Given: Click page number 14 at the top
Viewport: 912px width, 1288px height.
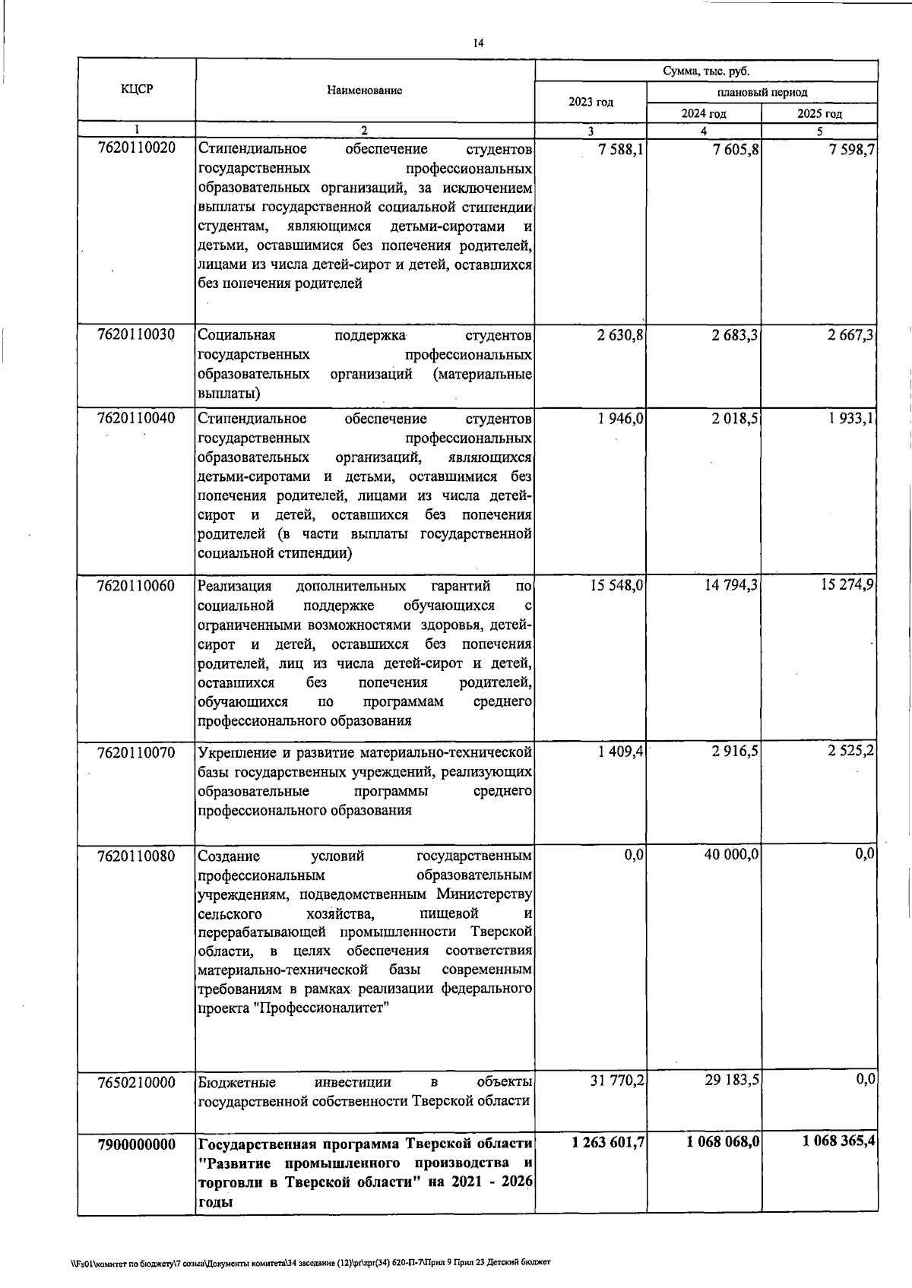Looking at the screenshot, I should click(478, 43).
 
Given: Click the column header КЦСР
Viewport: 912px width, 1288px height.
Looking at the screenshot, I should click(137, 89).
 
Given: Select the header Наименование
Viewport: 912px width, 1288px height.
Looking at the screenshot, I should click(364, 90).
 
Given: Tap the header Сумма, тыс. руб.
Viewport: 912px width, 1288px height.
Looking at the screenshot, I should click(705, 71).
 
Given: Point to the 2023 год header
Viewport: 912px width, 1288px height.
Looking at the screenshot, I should click(591, 102).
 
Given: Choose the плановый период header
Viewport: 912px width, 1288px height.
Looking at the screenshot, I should click(762, 92).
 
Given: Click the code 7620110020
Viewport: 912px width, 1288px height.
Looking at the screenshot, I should click(137, 148).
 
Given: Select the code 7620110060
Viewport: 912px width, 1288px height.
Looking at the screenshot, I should click(137, 585).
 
